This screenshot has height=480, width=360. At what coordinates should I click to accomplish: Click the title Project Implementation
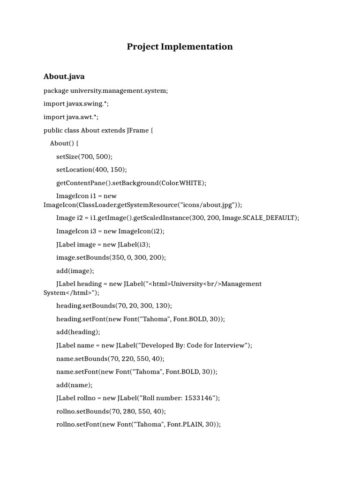(x=180, y=46)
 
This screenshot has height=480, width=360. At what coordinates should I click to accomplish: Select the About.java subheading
(x=64, y=76)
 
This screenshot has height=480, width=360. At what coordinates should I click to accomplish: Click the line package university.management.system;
(x=105, y=90)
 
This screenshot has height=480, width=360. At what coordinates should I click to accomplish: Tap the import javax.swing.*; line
(x=76, y=104)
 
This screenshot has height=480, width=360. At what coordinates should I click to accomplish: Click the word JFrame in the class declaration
(x=137, y=130)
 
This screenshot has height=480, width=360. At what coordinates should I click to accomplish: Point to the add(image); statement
(x=75, y=270)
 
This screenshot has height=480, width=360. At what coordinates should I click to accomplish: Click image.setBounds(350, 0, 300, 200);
(x=111, y=257)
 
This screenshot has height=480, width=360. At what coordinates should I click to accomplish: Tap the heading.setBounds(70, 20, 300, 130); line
(x=114, y=306)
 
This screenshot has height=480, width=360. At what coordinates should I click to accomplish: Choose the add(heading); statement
(x=78, y=332)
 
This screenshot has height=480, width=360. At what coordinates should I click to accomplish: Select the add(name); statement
(x=74, y=385)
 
